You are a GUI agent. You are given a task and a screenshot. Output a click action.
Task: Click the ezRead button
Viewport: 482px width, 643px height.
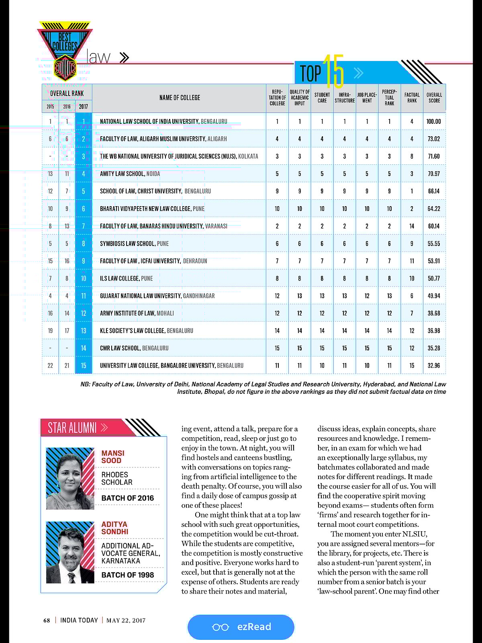[241, 627]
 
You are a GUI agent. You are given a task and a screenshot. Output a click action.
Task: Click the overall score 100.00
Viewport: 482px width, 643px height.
[434, 121]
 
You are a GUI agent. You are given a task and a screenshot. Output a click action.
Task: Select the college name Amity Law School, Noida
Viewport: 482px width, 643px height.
[130, 174]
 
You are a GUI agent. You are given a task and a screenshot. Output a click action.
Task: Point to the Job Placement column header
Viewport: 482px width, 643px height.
[367, 98]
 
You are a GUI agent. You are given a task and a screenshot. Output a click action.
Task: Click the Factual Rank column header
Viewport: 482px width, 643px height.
[412, 98]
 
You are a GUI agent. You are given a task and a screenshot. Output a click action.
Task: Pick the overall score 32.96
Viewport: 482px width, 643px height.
[434, 366]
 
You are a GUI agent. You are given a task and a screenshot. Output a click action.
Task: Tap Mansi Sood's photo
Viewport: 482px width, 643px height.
[70, 479]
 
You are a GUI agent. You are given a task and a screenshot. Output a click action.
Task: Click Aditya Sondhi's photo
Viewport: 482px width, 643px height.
[70, 552]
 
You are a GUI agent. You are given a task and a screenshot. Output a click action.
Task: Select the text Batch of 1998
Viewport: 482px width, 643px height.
[127, 575]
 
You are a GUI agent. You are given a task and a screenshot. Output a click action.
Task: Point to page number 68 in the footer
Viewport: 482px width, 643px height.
[47, 620]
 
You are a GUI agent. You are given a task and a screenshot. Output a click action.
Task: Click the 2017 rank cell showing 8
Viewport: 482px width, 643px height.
[84, 244]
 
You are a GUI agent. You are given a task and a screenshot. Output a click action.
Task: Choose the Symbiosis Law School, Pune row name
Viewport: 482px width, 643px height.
[134, 244]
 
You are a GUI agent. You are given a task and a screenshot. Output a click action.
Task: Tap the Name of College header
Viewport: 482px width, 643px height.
[180, 98]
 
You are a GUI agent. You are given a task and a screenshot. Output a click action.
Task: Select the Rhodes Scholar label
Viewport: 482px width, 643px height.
[117, 478]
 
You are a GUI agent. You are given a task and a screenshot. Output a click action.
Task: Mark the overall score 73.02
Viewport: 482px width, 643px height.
[434, 139]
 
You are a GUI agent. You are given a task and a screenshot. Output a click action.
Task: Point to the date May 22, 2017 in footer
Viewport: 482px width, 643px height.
[126, 620]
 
